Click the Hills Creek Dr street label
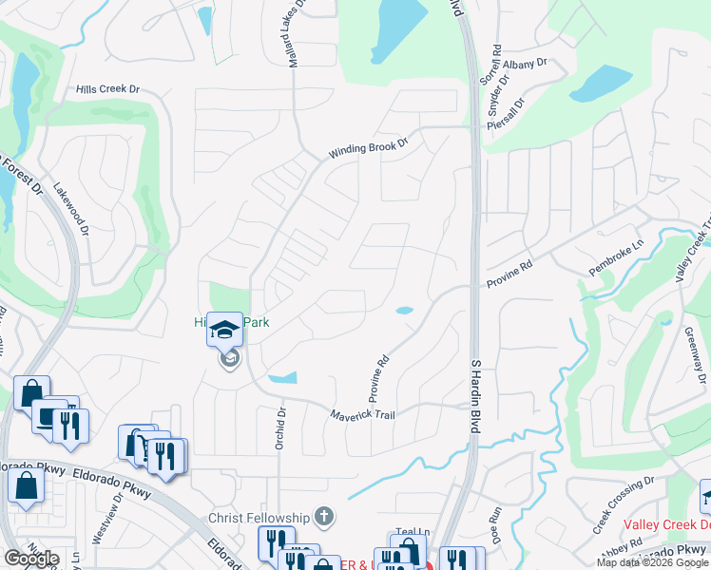pos(108,89)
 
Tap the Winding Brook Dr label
pos(368,149)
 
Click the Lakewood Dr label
pos(69,210)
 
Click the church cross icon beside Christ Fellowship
pos(324,517)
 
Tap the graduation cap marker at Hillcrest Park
pos(225,330)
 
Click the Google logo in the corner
pos(31,559)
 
